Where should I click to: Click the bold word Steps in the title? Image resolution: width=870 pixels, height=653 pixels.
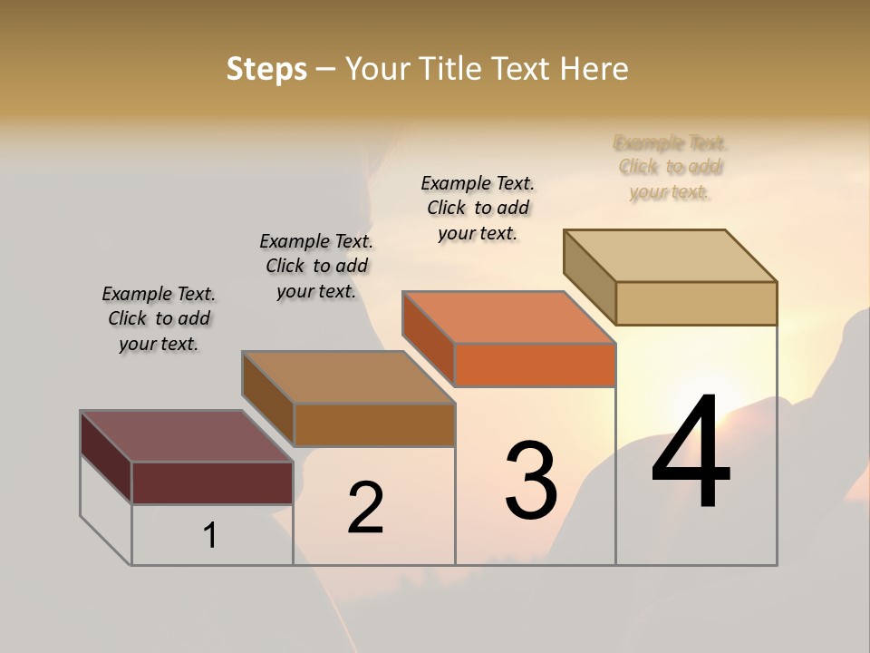[266, 69]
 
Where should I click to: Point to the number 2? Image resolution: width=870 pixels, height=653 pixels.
[366, 507]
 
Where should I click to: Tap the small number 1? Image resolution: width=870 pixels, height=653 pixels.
[210, 536]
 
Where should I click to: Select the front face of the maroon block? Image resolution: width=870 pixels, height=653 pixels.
[212, 482]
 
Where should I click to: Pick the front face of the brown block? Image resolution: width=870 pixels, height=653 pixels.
[374, 424]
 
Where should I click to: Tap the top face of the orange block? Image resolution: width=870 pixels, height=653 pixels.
[509, 317]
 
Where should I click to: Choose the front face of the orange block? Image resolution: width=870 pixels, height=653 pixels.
[535, 365]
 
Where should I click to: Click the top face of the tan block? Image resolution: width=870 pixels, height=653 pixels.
[671, 256]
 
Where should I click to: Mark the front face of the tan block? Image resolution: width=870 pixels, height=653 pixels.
[696, 303]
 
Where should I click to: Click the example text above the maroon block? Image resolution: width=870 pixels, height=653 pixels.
[159, 318]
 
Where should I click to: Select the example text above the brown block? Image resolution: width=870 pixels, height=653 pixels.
[316, 266]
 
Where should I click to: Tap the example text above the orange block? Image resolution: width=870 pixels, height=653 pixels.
[478, 208]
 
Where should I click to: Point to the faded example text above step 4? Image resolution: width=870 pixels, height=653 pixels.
[671, 167]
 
